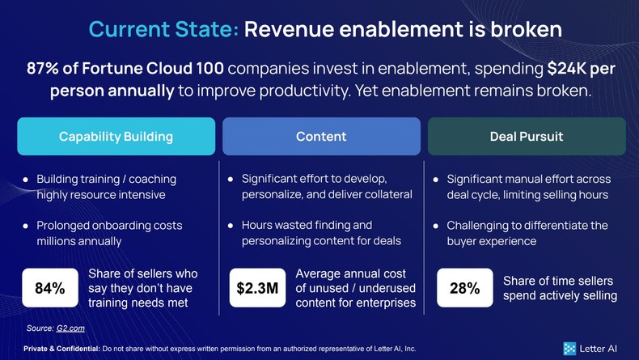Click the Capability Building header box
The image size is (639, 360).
(x=116, y=136)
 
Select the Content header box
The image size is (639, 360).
(x=321, y=136)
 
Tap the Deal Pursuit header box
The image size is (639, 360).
(x=526, y=136)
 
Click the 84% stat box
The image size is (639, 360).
(x=49, y=288)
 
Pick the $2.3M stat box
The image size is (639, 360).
(x=256, y=288)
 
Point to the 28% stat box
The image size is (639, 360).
(x=464, y=288)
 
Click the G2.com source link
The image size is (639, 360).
(x=70, y=328)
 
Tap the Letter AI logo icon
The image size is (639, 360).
(x=570, y=349)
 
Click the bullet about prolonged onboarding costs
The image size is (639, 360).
(x=109, y=233)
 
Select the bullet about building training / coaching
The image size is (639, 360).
(x=106, y=187)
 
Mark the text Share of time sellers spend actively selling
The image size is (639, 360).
(x=559, y=288)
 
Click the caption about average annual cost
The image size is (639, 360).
(x=355, y=288)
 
